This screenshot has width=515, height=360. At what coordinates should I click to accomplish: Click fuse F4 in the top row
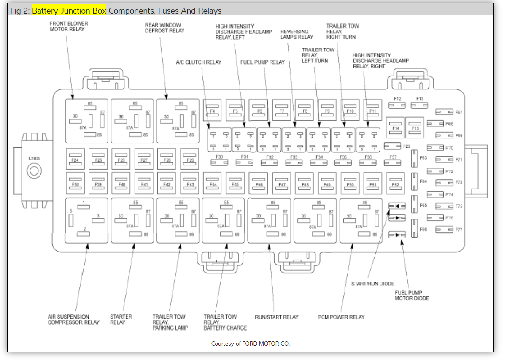(x=213, y=111)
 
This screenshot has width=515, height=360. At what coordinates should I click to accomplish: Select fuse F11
(x=372, y=111)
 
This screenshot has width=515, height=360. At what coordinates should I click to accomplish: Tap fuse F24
(x=75, y=160)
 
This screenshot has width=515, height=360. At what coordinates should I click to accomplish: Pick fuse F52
(x=395, y=184)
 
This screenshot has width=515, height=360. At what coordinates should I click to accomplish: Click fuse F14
(x=396, y=128)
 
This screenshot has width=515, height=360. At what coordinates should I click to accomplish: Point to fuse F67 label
(x=459, y=112)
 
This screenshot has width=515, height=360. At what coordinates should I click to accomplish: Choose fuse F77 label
(x=459, y=230)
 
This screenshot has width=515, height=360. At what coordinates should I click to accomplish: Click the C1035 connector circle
(x=34, y=171)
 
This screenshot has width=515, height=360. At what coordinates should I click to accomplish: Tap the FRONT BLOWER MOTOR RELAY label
(x=69, y=26)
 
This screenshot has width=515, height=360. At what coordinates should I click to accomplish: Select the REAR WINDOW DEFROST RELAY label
(x=164, y=28)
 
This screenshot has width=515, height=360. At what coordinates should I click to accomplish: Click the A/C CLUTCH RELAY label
(x=198, y=62)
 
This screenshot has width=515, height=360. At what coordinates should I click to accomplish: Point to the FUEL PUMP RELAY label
(x=262, y=62)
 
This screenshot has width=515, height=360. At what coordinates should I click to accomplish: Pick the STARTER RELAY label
(x=121, y=319)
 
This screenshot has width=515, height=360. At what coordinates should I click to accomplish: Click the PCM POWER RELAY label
(x=341, y=317)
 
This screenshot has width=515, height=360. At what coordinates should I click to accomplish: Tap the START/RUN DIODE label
(x=373, y=284)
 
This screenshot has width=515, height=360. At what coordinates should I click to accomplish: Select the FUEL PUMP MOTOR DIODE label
(x=412, y=295)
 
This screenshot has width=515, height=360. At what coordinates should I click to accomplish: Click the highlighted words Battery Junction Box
(x=69, y=11)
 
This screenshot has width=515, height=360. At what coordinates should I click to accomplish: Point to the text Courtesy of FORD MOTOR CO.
(x=251, y=344)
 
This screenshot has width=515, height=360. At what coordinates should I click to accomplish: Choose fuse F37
(x=393, y=160)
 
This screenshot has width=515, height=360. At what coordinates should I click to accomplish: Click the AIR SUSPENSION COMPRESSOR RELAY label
(x=73, y=319)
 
